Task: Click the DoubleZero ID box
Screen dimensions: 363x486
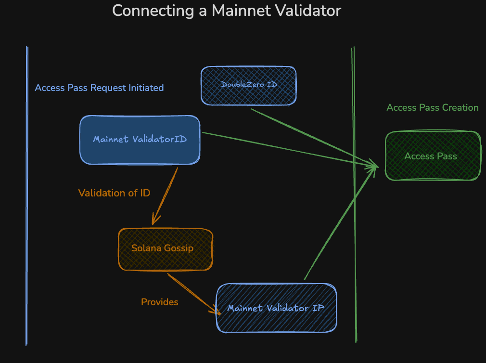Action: [249, 85]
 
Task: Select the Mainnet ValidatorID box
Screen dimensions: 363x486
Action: [140, 140]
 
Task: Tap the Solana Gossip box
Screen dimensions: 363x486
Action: [165, 249]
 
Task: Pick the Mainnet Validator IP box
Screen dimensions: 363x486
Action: [276, 308]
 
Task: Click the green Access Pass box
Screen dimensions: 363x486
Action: [433, 156]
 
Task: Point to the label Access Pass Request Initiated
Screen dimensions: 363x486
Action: [99, 88]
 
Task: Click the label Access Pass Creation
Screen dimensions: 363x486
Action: [432, 107]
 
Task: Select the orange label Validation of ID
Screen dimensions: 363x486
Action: [114, 193]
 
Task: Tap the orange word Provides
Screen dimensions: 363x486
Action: [159, 302]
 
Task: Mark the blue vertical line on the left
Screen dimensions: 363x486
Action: [27, 193]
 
